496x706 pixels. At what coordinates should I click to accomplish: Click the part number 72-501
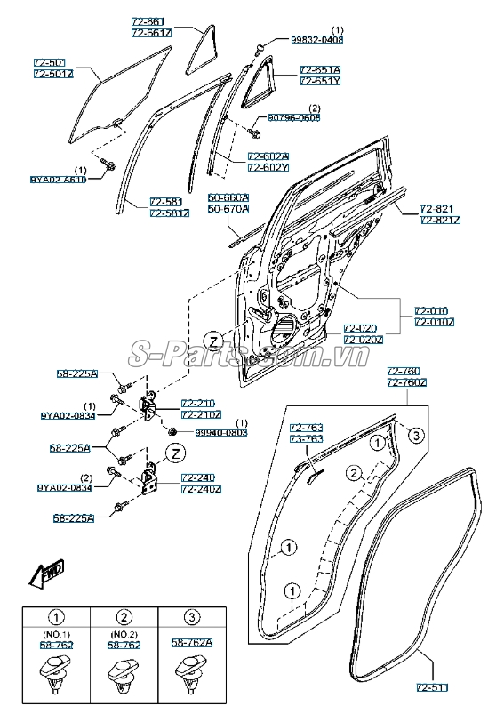[50, 62]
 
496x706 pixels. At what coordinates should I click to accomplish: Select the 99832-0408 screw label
[316, 40]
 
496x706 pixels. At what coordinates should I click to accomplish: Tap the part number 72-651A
[320, 69]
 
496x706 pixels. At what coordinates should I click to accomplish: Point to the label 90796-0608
[293, 117]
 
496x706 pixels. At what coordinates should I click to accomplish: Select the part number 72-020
[361, 328]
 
